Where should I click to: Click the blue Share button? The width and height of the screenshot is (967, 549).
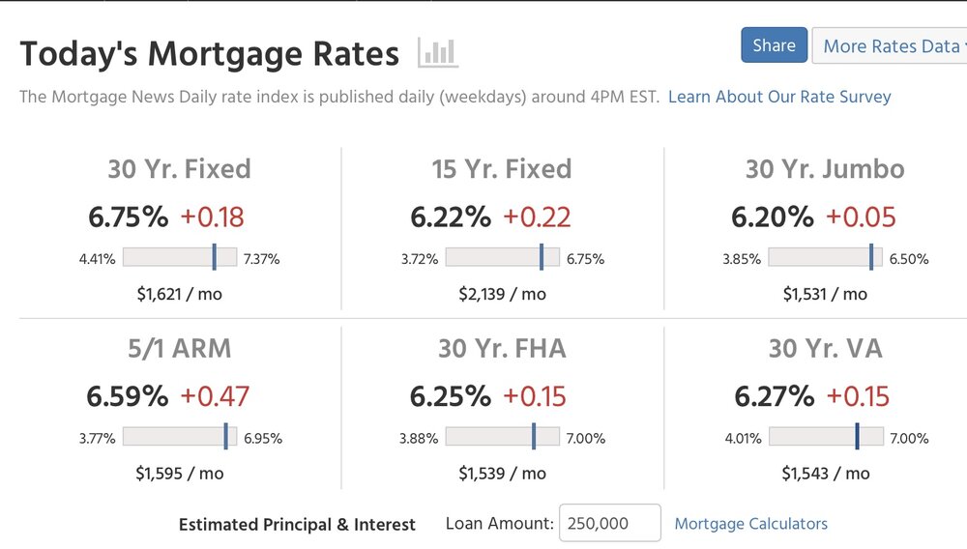click(774, 45)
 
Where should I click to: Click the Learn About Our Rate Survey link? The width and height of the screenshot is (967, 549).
click(779, 97)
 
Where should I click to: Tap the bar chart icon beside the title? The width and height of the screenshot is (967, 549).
click(438, 52)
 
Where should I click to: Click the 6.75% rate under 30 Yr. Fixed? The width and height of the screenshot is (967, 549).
click(128, 217)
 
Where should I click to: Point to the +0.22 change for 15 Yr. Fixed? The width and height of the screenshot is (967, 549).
click(537, 217)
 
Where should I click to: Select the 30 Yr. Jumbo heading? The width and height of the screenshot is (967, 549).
click(825, 169)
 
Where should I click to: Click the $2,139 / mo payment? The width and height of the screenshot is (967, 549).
click(502, 294)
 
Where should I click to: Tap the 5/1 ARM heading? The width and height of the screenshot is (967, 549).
click(180, 348)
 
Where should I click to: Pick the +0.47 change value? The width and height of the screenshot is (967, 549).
click(215, 396)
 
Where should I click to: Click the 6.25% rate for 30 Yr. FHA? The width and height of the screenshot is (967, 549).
click(450, 396)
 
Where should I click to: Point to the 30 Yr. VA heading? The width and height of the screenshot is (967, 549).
click(825, 348)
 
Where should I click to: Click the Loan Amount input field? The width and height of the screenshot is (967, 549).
click(609, 523)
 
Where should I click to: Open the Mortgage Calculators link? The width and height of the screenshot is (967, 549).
click(750, 524)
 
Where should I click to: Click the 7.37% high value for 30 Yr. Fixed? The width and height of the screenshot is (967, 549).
click(262, 259)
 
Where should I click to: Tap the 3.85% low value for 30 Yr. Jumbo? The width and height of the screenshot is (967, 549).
click(742, 259)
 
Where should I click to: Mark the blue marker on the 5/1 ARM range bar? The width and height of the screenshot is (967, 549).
click(226, 437)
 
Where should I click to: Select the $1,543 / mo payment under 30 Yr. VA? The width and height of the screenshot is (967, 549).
click(825, 474)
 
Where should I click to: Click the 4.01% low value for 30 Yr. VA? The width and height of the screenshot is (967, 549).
click(744, 439)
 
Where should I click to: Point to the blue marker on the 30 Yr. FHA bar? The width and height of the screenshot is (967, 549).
click(534, 437)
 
